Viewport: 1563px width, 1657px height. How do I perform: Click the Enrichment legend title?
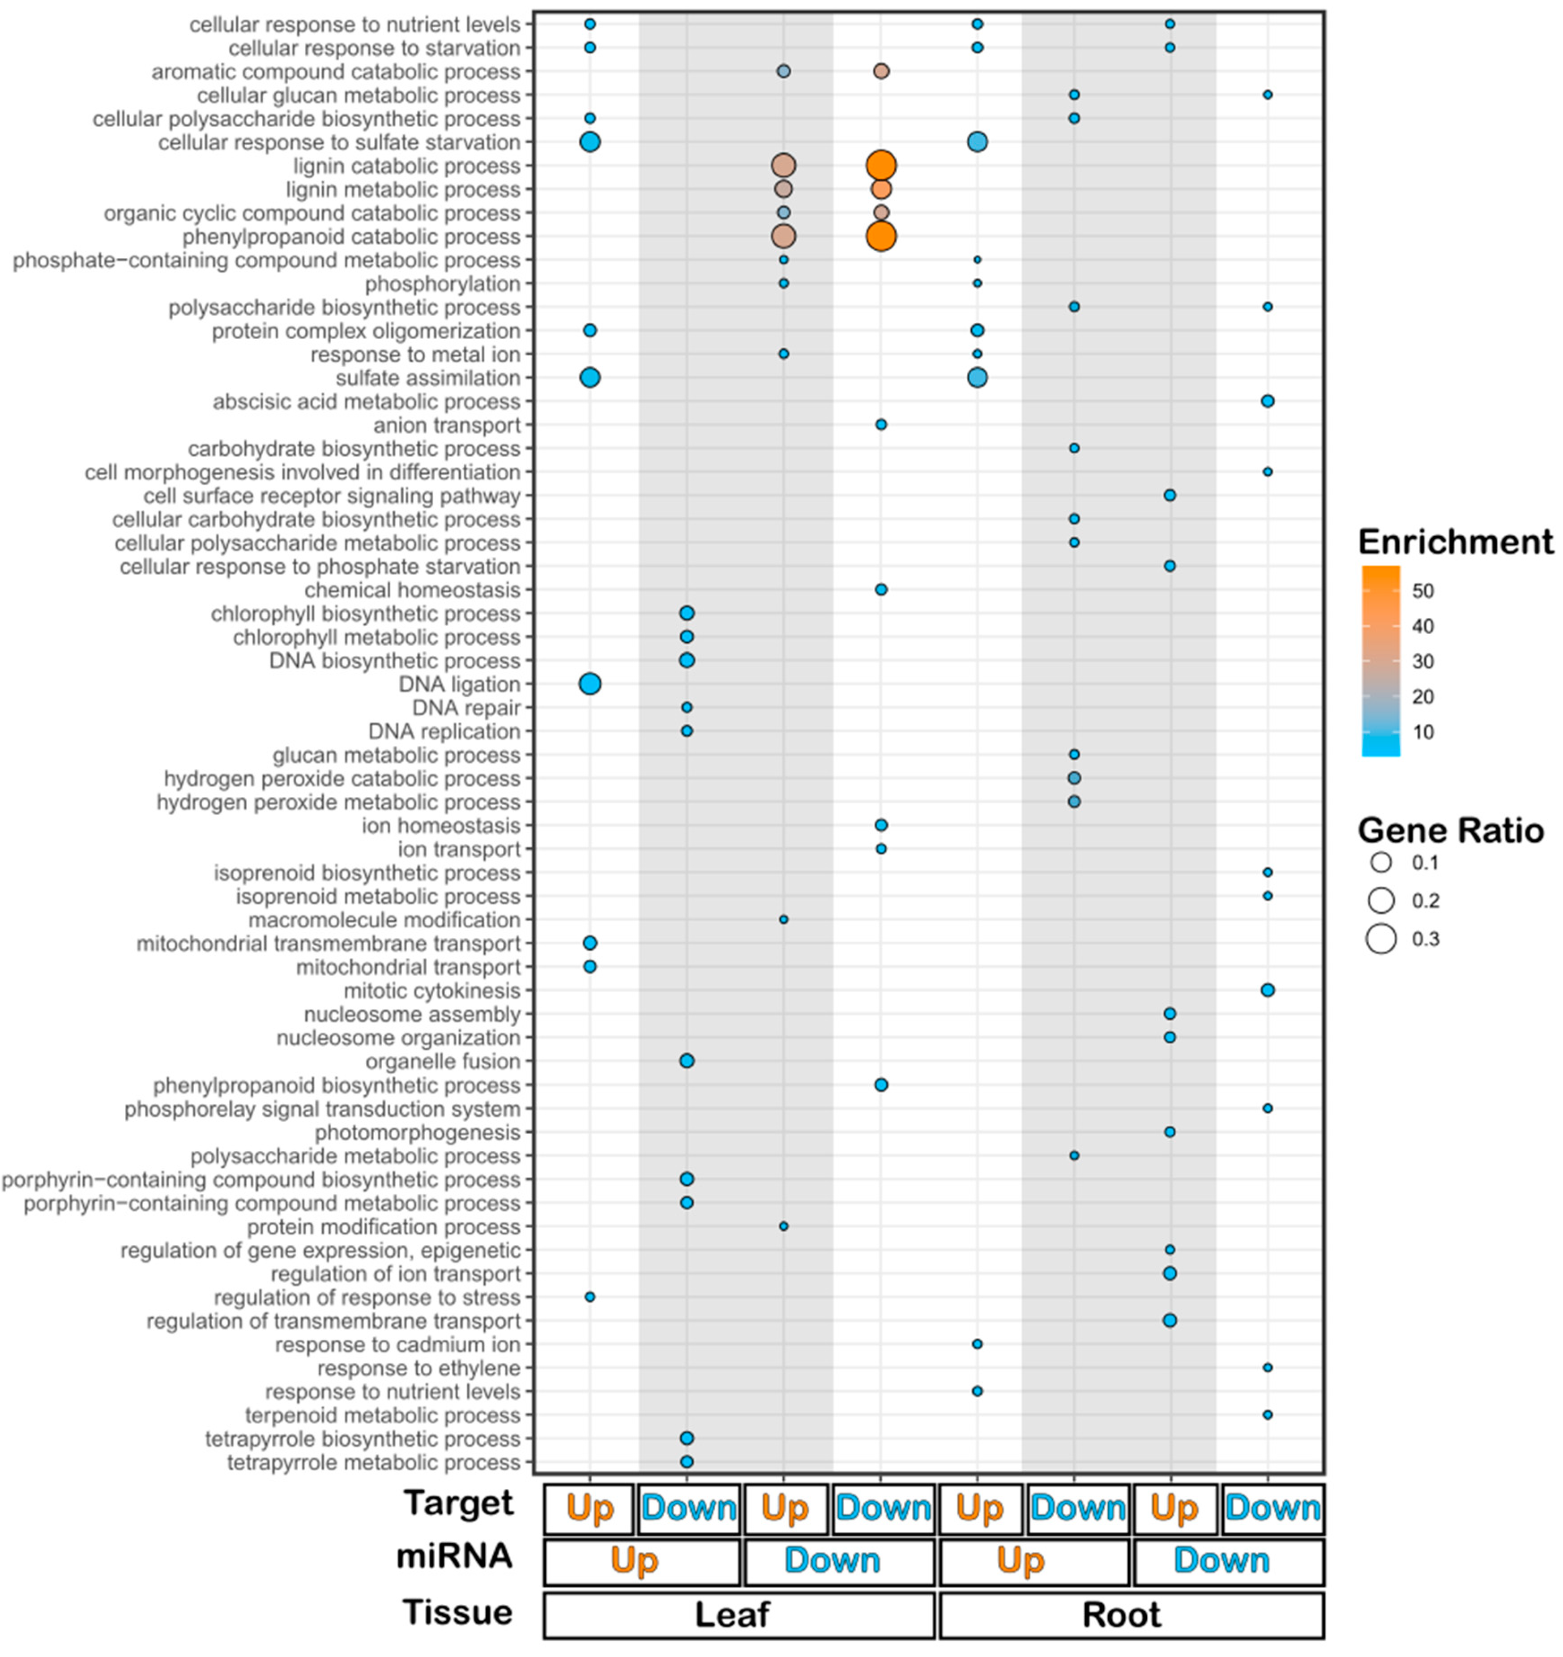[x=1455, y=542]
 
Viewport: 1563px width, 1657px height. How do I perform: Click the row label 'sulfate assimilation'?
[x=427, y=378]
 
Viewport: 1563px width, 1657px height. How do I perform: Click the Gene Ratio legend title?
[x=1451, y=830]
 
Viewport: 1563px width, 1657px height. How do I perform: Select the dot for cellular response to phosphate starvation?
[x=1170, y=566]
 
